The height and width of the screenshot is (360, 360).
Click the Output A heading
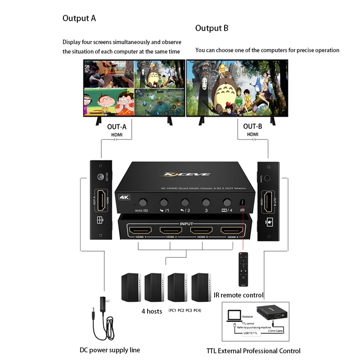[x=79, y=18]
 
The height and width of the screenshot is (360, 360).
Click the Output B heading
[x=211, y=28]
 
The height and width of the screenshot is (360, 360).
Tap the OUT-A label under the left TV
[x=117, y=127]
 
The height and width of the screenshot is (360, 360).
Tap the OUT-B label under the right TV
[x=252, y=127]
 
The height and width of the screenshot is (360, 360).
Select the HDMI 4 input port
[x=231, y=231]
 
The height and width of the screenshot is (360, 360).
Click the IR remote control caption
[x=238, y=295]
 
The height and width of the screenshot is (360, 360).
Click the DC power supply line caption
[x=110, y=350]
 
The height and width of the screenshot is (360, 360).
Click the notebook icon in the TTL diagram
[x=234, y=316]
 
